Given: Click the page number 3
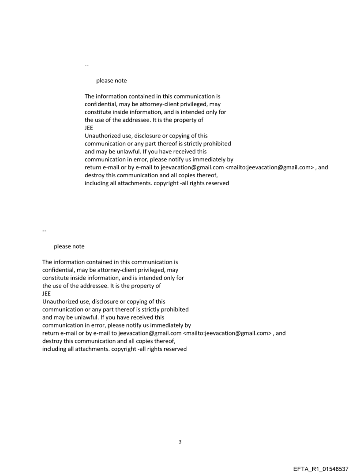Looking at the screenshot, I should pyautogui.click(x=180, y=442).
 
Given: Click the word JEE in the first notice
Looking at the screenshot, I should pyautogui.click(x=89, y=128).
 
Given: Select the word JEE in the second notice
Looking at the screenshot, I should pyautogui.click(x=46, y=294).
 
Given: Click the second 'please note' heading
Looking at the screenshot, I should pyautogui.click(x=69, y=246).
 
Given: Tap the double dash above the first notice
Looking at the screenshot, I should pyautogui.click(x=86, y=65).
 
